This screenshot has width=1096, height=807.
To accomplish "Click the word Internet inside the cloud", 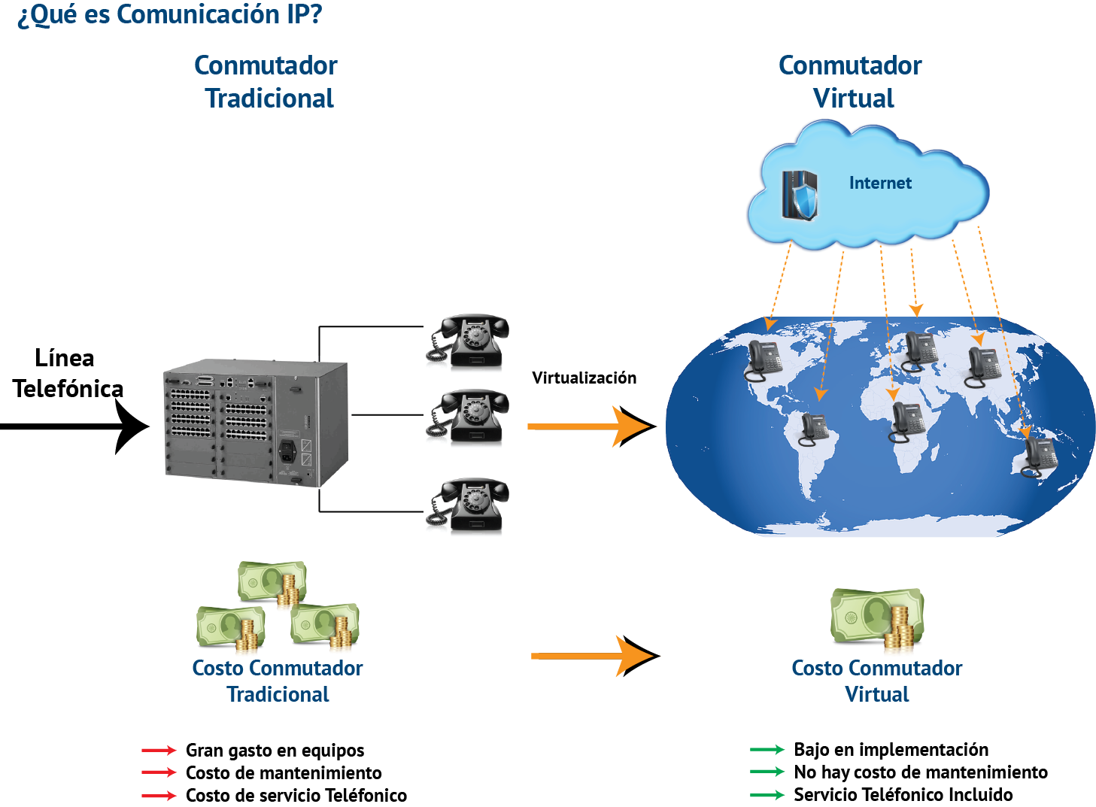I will coord(880,183).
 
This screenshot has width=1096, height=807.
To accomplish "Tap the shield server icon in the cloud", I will coord(799,195).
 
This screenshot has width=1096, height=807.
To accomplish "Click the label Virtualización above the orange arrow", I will coord(584,378).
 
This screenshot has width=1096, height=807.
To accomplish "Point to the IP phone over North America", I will coord(764,360).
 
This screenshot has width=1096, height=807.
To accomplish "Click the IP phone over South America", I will coord(814,429).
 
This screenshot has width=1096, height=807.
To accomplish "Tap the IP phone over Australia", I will coord(1040,456).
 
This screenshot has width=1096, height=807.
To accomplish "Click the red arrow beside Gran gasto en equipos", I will coord(159,750).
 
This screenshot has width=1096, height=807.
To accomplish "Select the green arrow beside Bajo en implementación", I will coord(767,749).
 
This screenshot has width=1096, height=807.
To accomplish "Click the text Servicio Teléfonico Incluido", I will coord(903,794).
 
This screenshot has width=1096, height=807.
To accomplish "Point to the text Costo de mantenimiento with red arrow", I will coord(284,772).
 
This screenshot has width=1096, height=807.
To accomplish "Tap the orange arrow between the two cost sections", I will coord(594,656).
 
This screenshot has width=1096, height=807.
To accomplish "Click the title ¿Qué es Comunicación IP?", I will coord(170,14).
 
